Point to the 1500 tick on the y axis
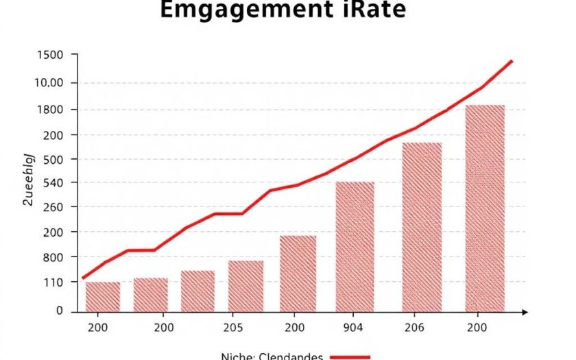(49, 56)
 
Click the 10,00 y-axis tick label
(48, 83)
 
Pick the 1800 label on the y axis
(49, 110)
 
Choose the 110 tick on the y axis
(52, 283)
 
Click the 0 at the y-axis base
(59, 311)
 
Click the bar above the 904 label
(355, 246)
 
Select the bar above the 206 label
(422, 226)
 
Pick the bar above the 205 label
(245, 285)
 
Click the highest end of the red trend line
(512, 61)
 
